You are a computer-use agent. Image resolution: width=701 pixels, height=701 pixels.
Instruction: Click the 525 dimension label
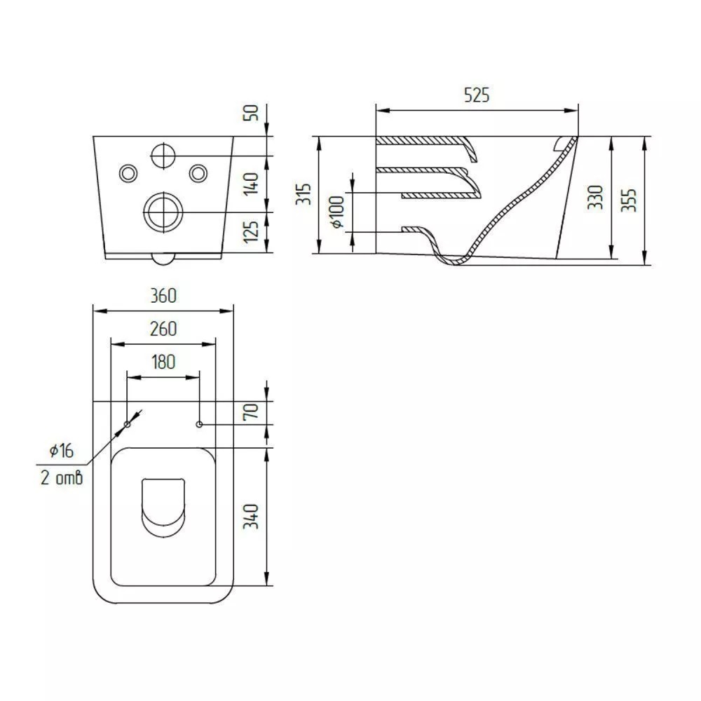[477, 95]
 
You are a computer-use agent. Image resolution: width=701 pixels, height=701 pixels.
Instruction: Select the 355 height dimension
[629, 200]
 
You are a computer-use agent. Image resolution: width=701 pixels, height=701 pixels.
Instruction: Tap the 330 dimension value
[595, 197]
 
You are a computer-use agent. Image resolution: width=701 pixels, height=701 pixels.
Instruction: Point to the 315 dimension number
[304, 193]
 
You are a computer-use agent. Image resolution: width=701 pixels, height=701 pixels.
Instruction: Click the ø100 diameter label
[338, 212]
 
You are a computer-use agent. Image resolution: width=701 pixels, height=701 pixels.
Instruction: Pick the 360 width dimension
[163, 296]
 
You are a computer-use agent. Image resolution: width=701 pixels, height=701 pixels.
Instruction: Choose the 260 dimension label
[163, 329]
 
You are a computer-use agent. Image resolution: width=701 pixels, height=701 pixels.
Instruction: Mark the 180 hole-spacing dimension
[163, 362]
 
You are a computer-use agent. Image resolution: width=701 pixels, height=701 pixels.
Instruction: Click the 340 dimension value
[251, 517]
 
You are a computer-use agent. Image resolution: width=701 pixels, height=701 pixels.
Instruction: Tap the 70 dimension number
[251, 411]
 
